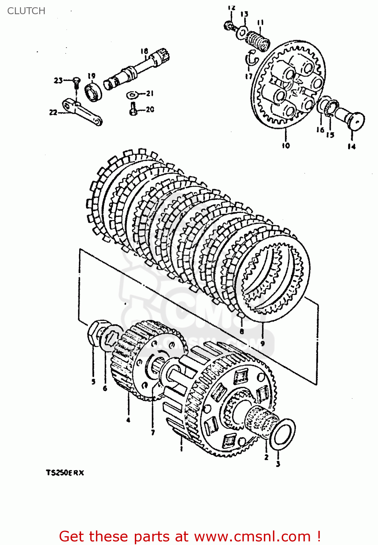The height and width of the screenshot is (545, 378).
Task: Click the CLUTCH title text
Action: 26,11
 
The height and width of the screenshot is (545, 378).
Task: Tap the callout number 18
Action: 144,51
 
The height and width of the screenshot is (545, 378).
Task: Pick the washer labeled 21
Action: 132,95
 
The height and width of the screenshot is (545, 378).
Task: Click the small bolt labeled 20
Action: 133,109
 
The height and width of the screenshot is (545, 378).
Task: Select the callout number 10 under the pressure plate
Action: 286,146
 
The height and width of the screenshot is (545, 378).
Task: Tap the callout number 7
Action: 153,432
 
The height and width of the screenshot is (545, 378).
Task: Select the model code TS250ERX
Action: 65,473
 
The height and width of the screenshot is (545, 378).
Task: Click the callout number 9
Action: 262,343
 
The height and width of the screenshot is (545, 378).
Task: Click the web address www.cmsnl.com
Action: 252,536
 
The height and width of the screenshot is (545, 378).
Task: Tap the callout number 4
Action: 128,420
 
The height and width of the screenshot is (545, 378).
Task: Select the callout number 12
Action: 232,8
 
